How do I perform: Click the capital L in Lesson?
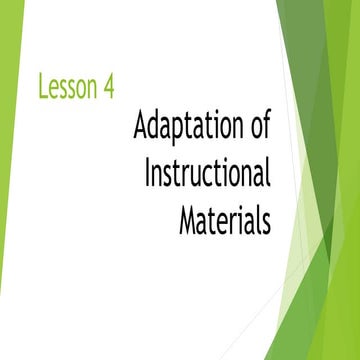pos(43,87)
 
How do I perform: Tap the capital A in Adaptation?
pos(140,128)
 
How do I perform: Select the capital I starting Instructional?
pos(148,173)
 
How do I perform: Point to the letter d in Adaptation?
pos(154,128)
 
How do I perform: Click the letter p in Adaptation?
pos(181,132)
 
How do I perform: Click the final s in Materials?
pos(266,221)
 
